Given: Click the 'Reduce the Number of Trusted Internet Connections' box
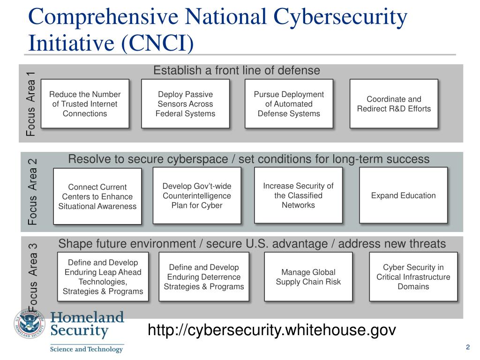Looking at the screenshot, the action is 85,104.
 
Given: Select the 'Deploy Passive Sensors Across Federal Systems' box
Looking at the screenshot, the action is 185,104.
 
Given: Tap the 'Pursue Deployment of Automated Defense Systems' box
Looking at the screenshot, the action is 289,104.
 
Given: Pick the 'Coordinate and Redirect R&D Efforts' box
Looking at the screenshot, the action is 394,104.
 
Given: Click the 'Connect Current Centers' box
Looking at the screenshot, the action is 97,196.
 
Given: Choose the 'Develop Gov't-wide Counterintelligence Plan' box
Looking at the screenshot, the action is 197,195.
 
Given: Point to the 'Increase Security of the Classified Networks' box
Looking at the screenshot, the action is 298,195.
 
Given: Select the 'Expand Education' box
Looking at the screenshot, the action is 403,195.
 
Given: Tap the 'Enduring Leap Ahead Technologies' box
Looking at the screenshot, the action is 103,277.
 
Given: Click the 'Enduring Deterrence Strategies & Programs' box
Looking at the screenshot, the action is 204,277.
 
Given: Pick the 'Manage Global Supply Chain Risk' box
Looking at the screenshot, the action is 308,277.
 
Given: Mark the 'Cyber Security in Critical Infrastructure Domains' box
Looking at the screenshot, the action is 413,277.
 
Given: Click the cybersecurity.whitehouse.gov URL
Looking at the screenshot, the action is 272,330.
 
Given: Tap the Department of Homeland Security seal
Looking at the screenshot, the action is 30,323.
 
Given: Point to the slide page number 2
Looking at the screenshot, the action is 468,347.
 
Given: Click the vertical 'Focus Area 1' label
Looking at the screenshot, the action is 30,104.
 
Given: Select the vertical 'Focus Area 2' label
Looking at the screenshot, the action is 32,192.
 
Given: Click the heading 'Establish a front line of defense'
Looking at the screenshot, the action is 237,70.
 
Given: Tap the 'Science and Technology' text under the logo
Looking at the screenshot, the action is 86,349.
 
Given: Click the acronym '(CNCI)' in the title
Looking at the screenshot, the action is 157,43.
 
